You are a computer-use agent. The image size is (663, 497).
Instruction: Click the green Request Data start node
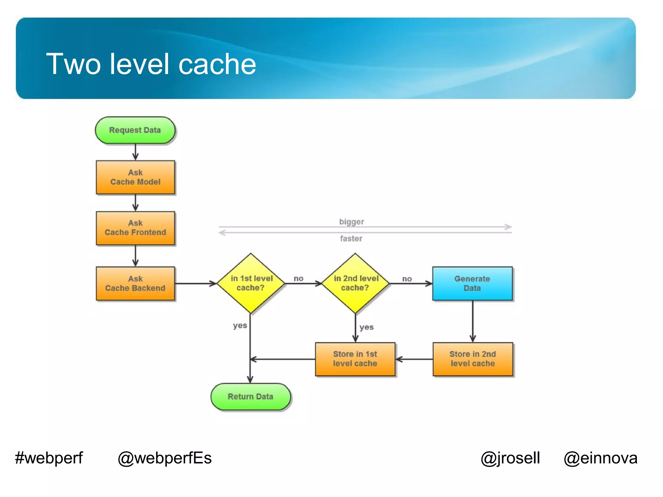135,130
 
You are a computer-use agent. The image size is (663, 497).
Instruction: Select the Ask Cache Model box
135,177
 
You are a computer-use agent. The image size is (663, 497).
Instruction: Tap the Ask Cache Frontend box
135,228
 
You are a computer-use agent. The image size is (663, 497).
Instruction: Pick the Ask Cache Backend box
135,283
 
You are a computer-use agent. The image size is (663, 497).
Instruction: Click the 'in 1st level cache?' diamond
251,283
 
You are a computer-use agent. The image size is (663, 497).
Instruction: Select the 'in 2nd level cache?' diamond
355,283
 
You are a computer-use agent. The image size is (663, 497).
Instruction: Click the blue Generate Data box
472,283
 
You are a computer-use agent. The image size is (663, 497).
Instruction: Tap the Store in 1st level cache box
355,359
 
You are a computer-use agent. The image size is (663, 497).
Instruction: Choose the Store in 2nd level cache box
473,359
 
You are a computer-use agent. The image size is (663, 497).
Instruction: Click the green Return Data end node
251,397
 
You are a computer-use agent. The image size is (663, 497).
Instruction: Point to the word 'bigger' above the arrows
352,222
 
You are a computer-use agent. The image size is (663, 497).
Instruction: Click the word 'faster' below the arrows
351,238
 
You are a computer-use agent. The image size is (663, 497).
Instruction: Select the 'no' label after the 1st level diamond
298,278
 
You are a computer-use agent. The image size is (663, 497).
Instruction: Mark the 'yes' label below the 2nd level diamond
366,327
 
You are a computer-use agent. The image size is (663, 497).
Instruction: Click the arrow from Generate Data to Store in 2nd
473,321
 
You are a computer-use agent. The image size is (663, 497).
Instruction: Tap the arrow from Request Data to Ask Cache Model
135,152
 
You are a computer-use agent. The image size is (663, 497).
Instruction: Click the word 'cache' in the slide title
217,64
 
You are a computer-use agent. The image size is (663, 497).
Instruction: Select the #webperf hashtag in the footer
49,458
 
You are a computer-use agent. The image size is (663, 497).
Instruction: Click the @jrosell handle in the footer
510,458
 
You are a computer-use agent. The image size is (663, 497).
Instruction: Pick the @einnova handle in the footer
601,458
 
